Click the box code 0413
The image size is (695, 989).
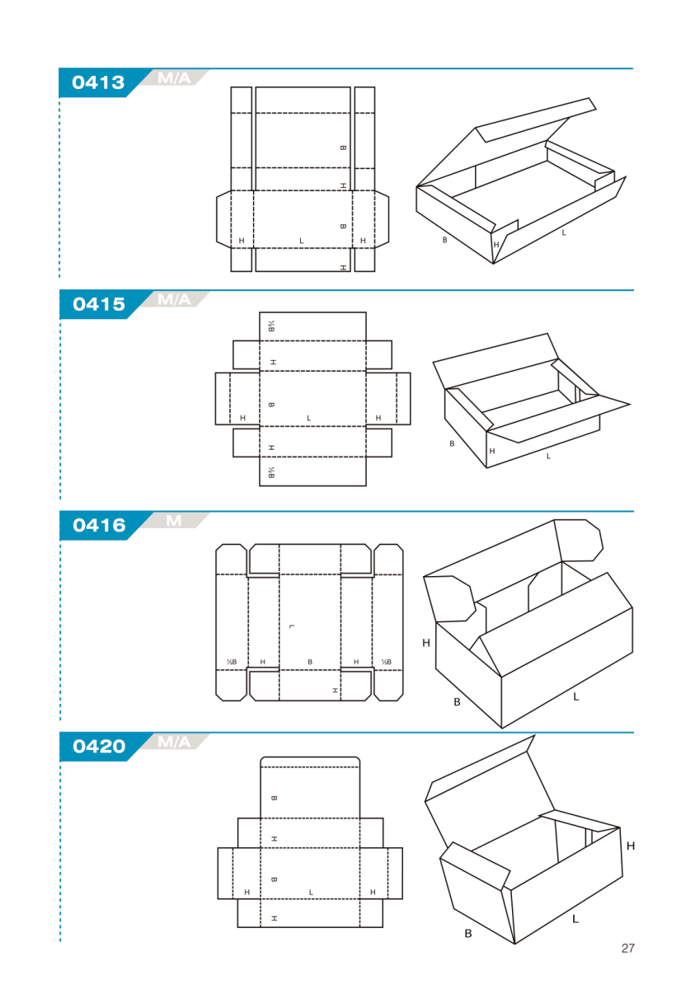[98, 82]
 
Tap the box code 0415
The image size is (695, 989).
[99, 304]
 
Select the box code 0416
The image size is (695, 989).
[99, 526]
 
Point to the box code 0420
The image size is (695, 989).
[99, 747]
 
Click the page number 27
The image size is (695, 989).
[627, 949]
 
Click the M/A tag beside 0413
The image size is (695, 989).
[174, 78]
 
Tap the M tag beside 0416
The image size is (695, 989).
[173, 521]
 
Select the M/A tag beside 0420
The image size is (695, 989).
[174, 742]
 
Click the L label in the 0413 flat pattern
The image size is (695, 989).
[302, 241]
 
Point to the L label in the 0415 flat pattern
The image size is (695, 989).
[308, 418]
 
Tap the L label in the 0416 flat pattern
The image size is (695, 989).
[291, 626]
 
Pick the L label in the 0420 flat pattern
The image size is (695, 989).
[311, 893]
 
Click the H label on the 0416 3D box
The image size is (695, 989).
[426, 643]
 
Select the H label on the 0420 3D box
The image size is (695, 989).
[631, 846]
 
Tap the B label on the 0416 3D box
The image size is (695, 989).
[457, 702]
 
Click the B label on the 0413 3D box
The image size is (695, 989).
[444, 240]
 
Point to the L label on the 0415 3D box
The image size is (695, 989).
[548, 456]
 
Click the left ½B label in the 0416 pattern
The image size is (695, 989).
[232, 662]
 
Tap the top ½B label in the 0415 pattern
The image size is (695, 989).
[271, 326]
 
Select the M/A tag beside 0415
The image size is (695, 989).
[174, 300]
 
